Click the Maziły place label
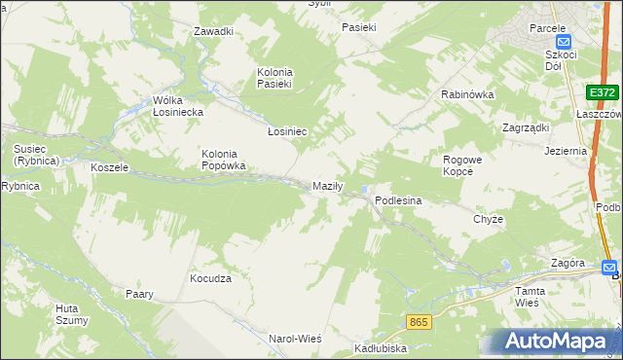(326, 186)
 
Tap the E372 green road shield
(603, 92)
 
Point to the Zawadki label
(213, 31)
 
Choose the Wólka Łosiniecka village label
(176, 106)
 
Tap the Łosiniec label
(287, 131)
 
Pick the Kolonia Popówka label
(223, 160)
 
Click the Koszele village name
(110, 167)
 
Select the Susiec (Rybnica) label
(36, 155)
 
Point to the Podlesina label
(398, 200)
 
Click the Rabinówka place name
(467, 94)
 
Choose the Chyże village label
(488, 219)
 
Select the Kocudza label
(210, 278)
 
